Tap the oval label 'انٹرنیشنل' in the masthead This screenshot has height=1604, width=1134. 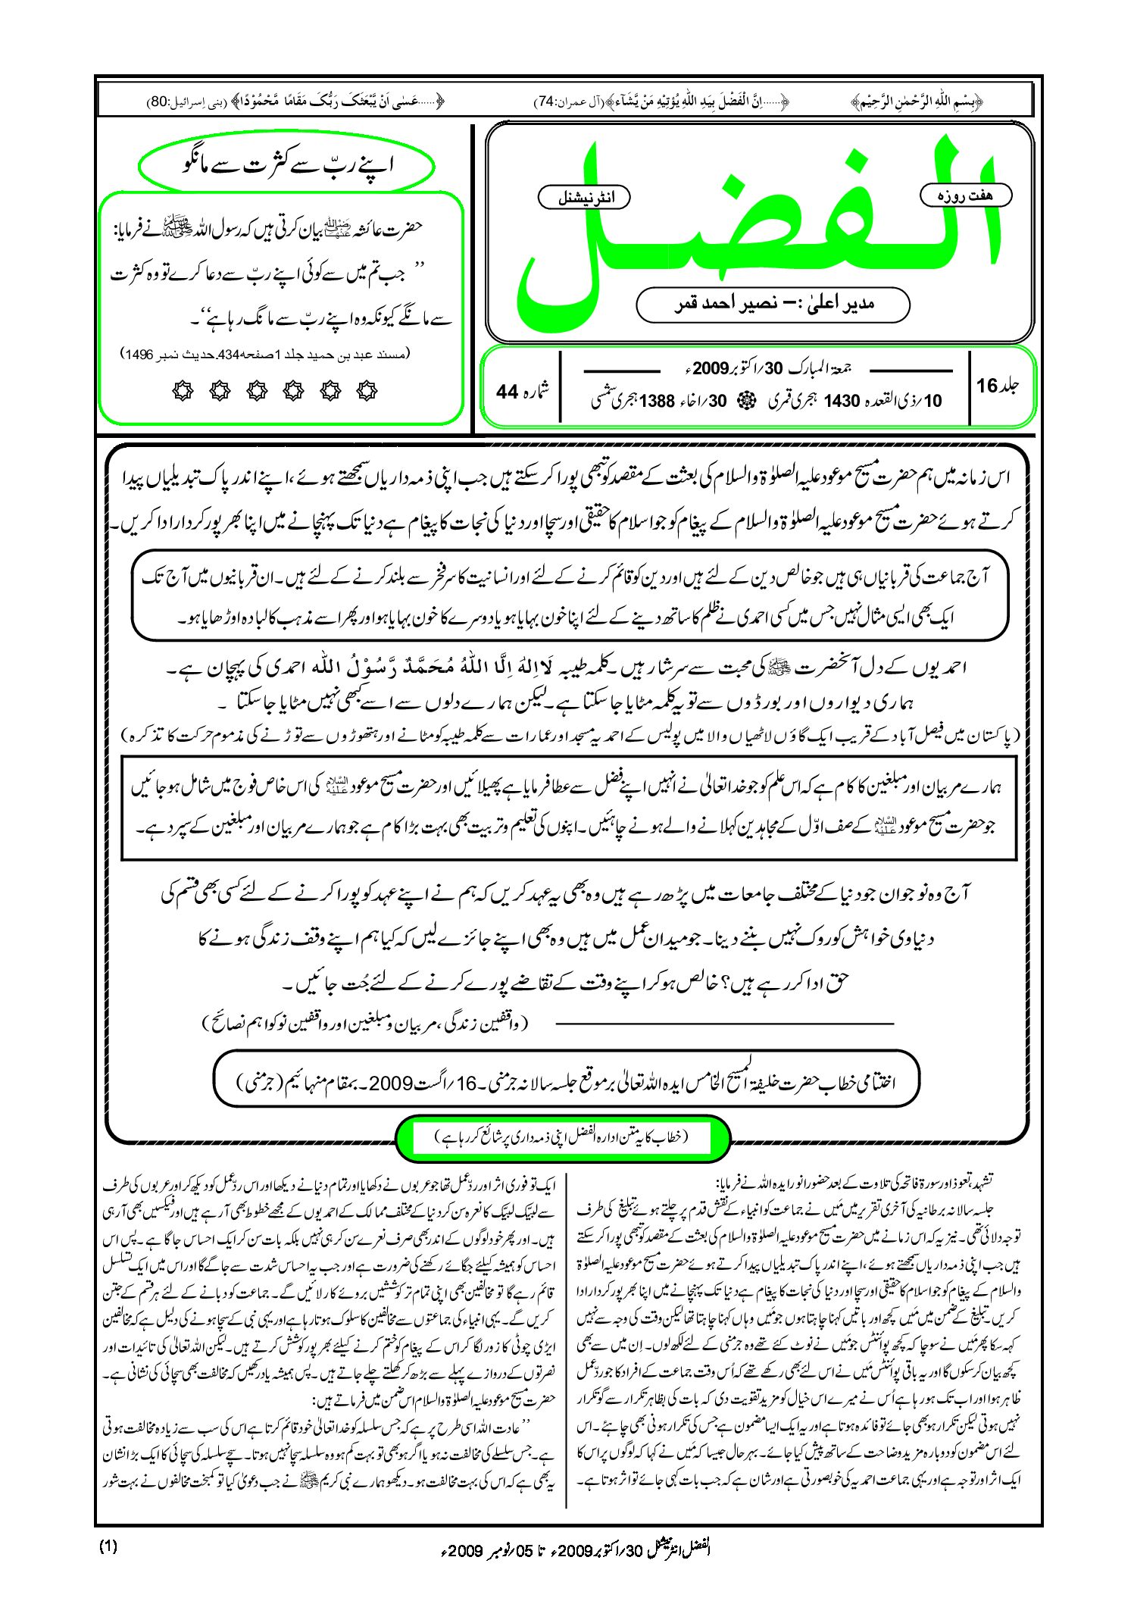[584, 198]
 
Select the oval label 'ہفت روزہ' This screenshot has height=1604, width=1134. [966, 195]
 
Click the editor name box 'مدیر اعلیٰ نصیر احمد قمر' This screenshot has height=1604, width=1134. [773, 305]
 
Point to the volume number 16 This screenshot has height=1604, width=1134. [987, 386]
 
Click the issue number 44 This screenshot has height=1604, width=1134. [507, 392]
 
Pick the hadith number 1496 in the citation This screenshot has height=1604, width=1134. [139, 354]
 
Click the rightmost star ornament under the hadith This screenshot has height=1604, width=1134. [367, 391]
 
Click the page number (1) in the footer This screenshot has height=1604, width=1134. [108, 1547]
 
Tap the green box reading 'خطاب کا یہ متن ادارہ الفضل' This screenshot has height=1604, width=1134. [562, 1137]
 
